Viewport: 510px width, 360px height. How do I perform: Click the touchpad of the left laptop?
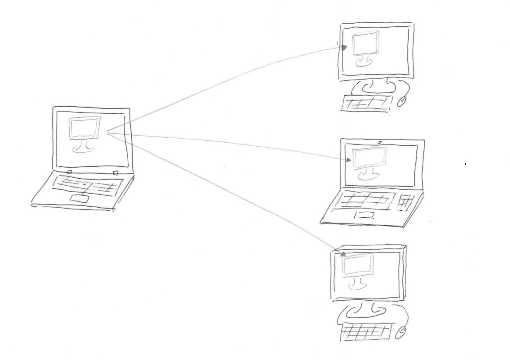80,199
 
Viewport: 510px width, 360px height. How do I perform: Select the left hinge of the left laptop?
69,170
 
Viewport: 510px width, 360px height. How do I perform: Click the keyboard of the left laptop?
86,184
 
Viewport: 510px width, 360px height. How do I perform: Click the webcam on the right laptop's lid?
379,142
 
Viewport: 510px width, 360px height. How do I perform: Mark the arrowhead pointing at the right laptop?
349,160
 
